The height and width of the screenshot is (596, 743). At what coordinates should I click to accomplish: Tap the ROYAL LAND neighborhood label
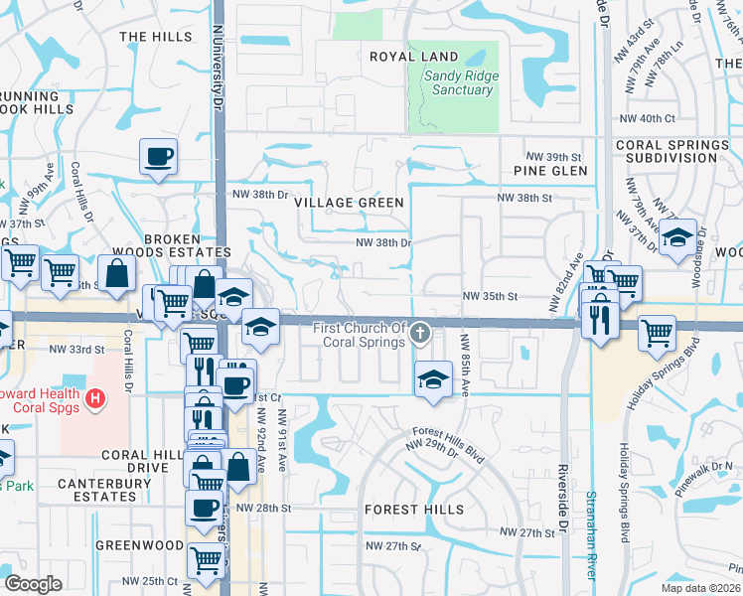pyautogui.click(x=414, y=58)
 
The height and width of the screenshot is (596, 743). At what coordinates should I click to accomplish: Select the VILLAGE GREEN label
pyautogui.click(x=350, y=203)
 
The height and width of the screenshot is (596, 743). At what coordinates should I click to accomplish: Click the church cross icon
pyautogui.click(x=421, y=332)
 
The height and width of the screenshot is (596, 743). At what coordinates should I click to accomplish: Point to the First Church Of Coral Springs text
pyautogui.click(x=360, y=336)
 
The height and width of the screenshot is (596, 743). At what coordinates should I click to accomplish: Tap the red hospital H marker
pyautogui.click(x=94, y=399)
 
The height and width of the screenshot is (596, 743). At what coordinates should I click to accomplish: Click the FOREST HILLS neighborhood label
pyautogui.click(x=414, y=510)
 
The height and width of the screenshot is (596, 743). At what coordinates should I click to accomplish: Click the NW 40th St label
pyautogui.click(x=649, y=119)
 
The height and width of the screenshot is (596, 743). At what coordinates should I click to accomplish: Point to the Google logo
pyautogui.click(x=33, y=584)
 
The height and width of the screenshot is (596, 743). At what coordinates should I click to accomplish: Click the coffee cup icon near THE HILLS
pyautogui.click(x=160, y=156)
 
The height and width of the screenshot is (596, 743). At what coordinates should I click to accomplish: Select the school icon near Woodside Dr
pyautogui.click(x=677, y=239)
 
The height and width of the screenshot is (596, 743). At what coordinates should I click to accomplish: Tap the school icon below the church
pyautogui.click(x=432, y=380)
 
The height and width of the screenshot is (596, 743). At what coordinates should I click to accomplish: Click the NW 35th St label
pyautogui.click(x=491, y=296)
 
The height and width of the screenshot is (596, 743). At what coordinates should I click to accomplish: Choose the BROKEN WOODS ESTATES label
pyautogui.click(x=187, y=246)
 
